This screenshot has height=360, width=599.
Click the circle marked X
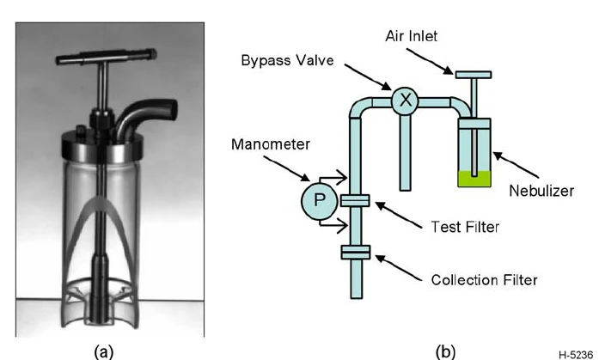coord(406,101)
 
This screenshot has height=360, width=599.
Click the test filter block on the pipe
coord(355,200)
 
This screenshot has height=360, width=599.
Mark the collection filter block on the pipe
coord(355,252)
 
